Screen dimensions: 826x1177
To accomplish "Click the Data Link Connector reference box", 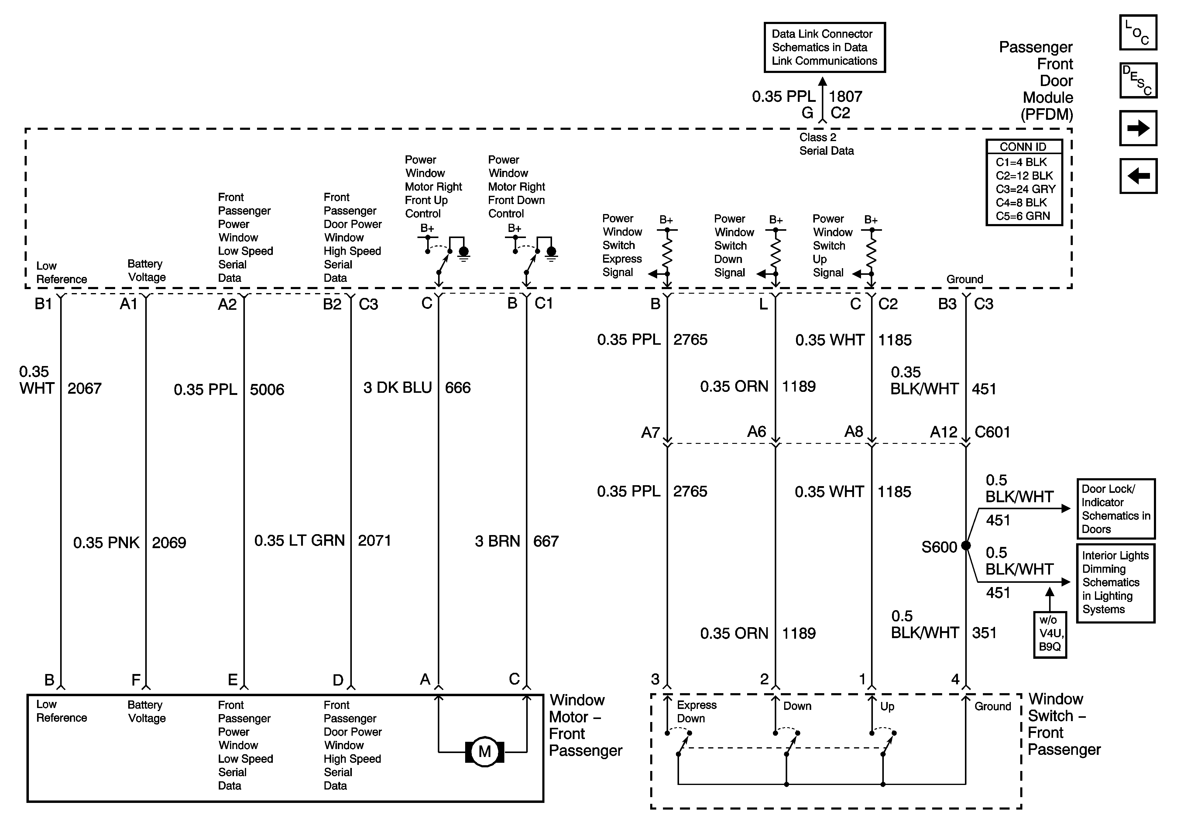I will click(824, 47).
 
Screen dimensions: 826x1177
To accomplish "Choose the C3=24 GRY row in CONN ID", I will click(1025, 189).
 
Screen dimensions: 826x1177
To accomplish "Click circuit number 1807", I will click(845, 96).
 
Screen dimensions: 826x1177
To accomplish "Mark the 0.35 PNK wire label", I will click(106, 542).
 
